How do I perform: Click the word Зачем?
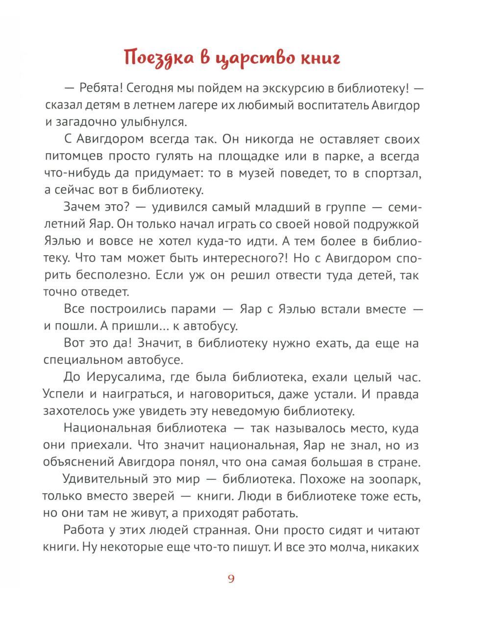point(83,208)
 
